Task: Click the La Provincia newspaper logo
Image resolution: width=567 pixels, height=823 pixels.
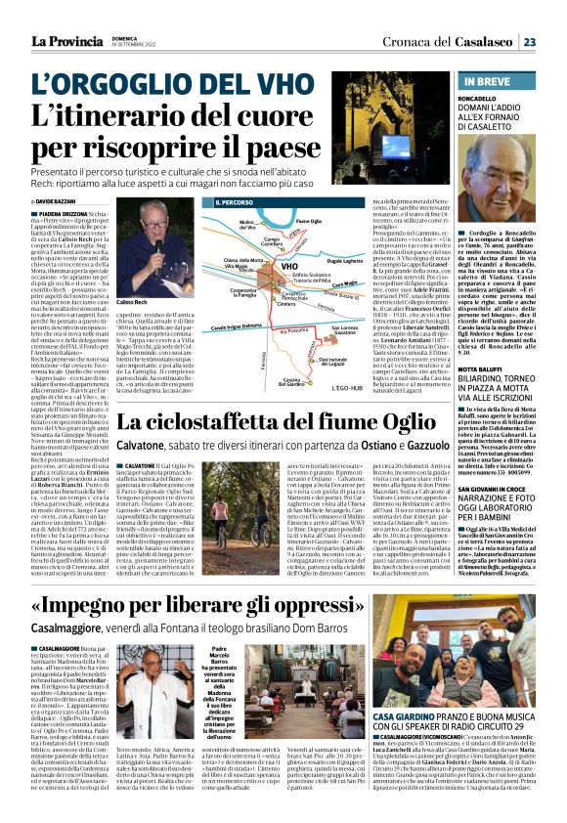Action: pyautogui.click(x=71, y=41)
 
